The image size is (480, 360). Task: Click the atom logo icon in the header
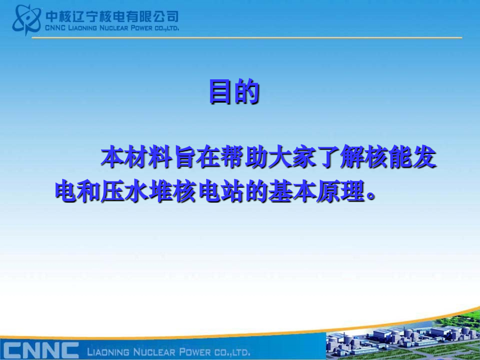(x=27, y=20)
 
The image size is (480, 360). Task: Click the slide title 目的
(x=234, y=91)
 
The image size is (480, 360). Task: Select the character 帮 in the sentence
(x=233, y=158)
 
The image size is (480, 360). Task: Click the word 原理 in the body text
(x=340, y=191)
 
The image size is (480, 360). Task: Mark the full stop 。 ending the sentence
(x=370, y=197)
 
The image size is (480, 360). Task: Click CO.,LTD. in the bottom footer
(x=232, y=352)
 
